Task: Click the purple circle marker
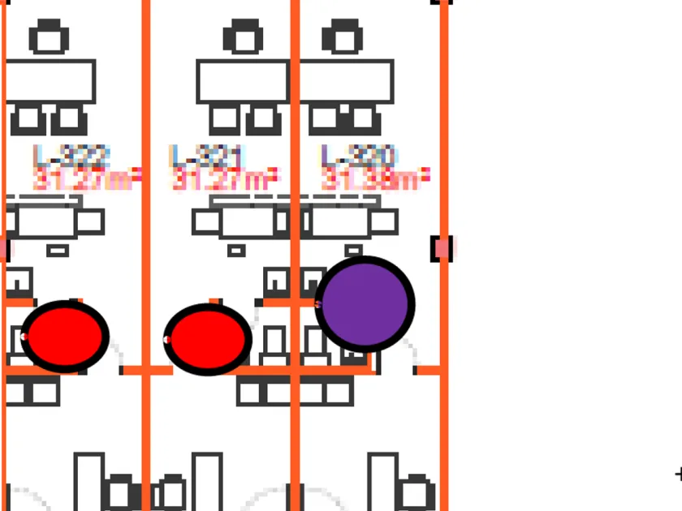(365, 303)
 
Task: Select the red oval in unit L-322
(64, 336)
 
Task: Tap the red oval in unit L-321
(208, 339)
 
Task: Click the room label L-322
(71, 155)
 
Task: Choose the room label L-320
(358, 155)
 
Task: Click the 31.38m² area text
(375, 180)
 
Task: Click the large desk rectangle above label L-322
(50, 81)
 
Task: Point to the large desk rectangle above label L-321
(243, 81)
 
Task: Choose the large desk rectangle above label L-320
(347, 81)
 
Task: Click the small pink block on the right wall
(442, 248)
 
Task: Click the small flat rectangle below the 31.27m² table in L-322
(58, 251)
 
